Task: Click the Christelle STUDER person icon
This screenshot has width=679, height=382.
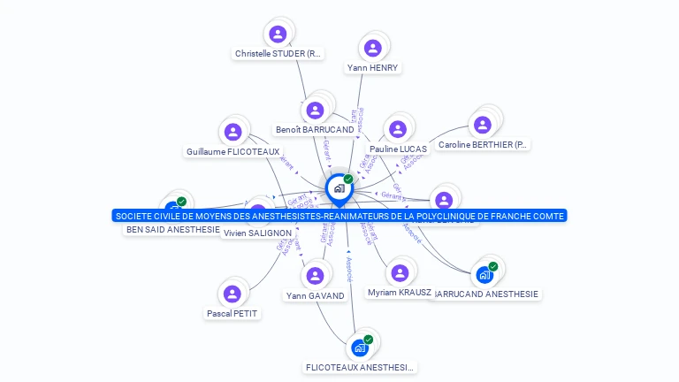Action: pyautogui.click(x=278, y=34)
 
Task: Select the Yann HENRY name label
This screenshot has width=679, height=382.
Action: pyautogui.click(x=372, y=68)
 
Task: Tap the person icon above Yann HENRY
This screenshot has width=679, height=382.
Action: pyautogui.click(x=372, y=48)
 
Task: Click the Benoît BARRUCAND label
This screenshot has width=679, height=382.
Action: pyautogui.click(x=315, y=130)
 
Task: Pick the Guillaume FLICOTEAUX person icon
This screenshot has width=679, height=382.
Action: pyautogui.click(x=233, y=132)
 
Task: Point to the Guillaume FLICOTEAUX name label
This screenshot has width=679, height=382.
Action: pyautogui.click(x=233, y=152)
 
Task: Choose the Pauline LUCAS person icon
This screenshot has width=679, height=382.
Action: pyautogui.click(x=397, y=129)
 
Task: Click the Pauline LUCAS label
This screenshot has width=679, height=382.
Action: pyautogui.click(x=398, y=149)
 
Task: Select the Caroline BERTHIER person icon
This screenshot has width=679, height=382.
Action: pyautogui.click(x=482, y=125)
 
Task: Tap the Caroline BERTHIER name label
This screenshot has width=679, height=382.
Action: pyautogui.click(x=483, y=145)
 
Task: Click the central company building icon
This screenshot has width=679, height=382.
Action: pyautogui.click(x=338, y=187)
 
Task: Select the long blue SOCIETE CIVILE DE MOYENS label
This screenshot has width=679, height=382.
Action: pyautogui.click(x=339, y=216)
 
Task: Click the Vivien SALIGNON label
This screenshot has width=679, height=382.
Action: pyautogui.click(x=257, y=233)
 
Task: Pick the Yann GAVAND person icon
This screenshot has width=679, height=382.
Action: pyautogui.click(x=315, y=276)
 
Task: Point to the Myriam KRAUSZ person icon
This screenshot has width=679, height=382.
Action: pyautogui.click(x=400, y=272)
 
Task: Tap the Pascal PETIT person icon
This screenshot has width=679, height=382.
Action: pyautogui.click(x=233, y=294)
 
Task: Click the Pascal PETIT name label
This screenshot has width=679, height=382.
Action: pyautogui.click(x=233, y=313)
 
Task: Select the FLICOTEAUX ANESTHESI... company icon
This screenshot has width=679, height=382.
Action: pyautogui.click(x=359, y=348)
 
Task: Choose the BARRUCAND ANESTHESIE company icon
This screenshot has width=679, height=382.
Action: pyautogui.click(x=484, y=275)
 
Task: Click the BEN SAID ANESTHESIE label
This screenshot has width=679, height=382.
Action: pyautogui.click(x=173, y=230)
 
